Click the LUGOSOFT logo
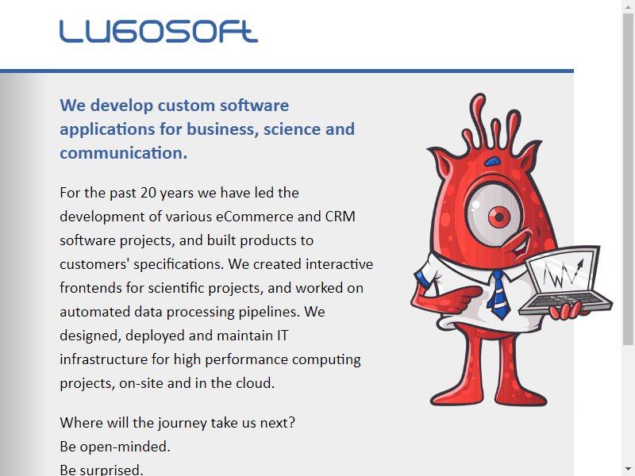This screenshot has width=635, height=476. tap(158, 32)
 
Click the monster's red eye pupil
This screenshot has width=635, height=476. tap(499, 217)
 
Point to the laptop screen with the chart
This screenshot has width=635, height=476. tap(563, 271)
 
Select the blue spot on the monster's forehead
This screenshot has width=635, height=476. tap(492, 162)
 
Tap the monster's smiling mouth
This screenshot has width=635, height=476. tap(521, 245)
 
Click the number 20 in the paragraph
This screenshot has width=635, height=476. tap(148, 193)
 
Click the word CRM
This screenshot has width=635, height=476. tap(341, 217)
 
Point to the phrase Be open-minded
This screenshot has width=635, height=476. tap(115, 447)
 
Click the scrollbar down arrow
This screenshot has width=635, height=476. tap(629, 469)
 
